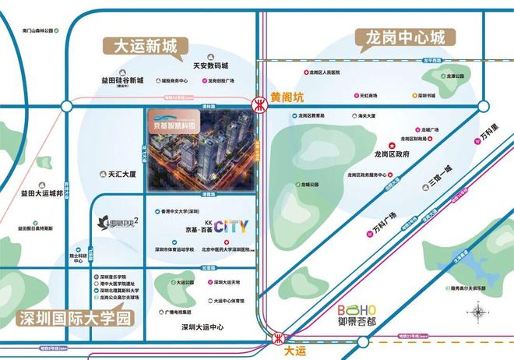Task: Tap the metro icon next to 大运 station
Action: pyautogui.click(x=278, y=337)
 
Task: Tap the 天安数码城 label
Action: pyautogui.click(x=210, y=66)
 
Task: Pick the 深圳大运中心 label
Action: pyautogui.click(x=202, y=326)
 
